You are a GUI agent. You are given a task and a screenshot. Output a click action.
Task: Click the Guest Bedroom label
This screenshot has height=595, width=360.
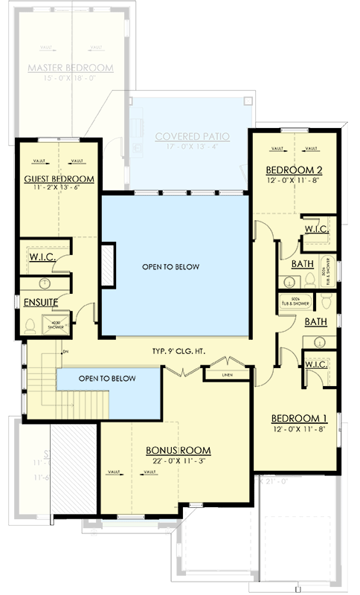(x=59, y=179)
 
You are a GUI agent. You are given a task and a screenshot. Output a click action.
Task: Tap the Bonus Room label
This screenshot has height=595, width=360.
(x=178, y=451)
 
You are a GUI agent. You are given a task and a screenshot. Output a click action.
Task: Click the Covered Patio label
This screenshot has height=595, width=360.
(x=192, y=137)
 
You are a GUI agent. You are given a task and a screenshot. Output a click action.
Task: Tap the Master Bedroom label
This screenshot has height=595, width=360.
(x=70, y=68)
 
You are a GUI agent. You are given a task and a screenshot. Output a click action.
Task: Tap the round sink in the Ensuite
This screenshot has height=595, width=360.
(x=45, y=283)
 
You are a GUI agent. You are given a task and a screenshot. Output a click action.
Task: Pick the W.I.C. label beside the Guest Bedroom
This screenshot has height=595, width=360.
(x=42, y=257)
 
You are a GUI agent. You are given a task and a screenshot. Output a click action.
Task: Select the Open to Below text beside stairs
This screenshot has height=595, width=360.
(x=107, y=379)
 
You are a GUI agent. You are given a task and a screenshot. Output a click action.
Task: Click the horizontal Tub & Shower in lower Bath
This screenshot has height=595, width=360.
(x=295, y=302)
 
